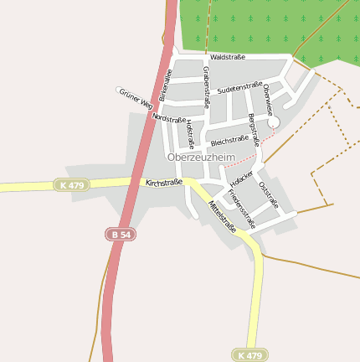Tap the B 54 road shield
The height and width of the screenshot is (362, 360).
point(121,235)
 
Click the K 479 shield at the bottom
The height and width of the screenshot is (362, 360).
point(249,355)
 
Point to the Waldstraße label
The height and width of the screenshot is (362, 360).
point(227,57)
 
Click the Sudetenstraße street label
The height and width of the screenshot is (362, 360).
point(239,87)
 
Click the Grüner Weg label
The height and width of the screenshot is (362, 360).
point(135,99)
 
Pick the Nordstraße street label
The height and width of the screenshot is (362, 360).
point(169,119)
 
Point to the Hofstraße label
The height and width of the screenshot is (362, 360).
point(190,133)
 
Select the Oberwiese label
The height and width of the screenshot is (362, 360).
point(267,99)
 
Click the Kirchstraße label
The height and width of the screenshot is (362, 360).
point(163,182)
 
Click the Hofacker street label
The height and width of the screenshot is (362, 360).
point(241,179)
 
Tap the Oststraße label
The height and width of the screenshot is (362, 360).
point(268,194)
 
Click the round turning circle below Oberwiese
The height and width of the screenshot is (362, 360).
point(274,122)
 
